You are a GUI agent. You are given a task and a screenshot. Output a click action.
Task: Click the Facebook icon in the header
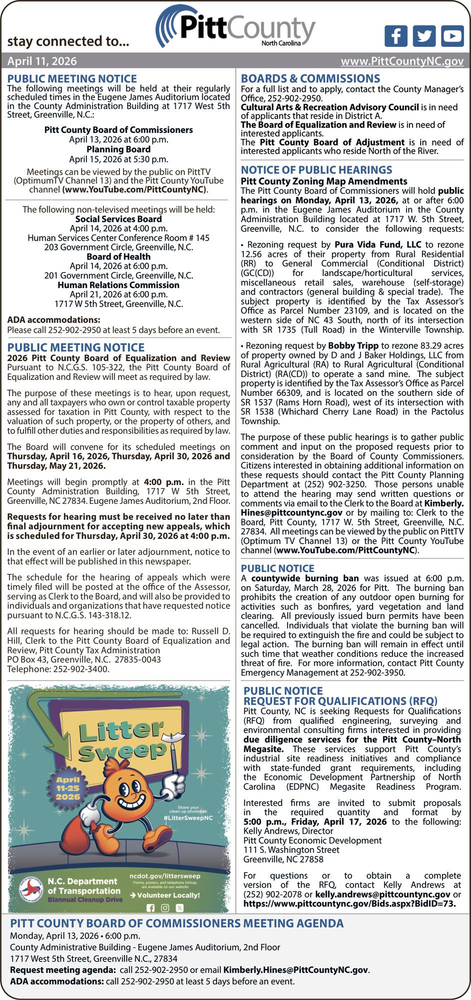[x=396, y=36]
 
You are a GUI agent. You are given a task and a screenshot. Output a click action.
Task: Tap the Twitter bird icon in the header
[x=424, y=36]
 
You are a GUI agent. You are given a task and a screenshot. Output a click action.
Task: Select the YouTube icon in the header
[x=452, y=36]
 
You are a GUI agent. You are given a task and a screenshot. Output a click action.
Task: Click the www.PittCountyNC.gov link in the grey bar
[x=402, y=61]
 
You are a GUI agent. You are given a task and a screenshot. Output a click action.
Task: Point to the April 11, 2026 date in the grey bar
[x=42, y=61]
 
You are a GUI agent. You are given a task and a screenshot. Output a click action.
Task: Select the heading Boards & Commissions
[x=310, y=78]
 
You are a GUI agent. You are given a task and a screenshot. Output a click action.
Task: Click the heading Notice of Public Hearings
[x=316, y=170]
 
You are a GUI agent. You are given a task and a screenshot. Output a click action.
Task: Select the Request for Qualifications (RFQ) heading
[x=340, y=701]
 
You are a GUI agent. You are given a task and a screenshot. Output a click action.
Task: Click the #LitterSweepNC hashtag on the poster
[x=188, y=818]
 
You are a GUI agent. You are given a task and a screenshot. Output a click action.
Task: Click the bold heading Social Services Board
[x=118, y=219]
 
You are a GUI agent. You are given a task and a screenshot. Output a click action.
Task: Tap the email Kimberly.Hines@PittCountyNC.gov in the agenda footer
[x=296, y=969]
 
